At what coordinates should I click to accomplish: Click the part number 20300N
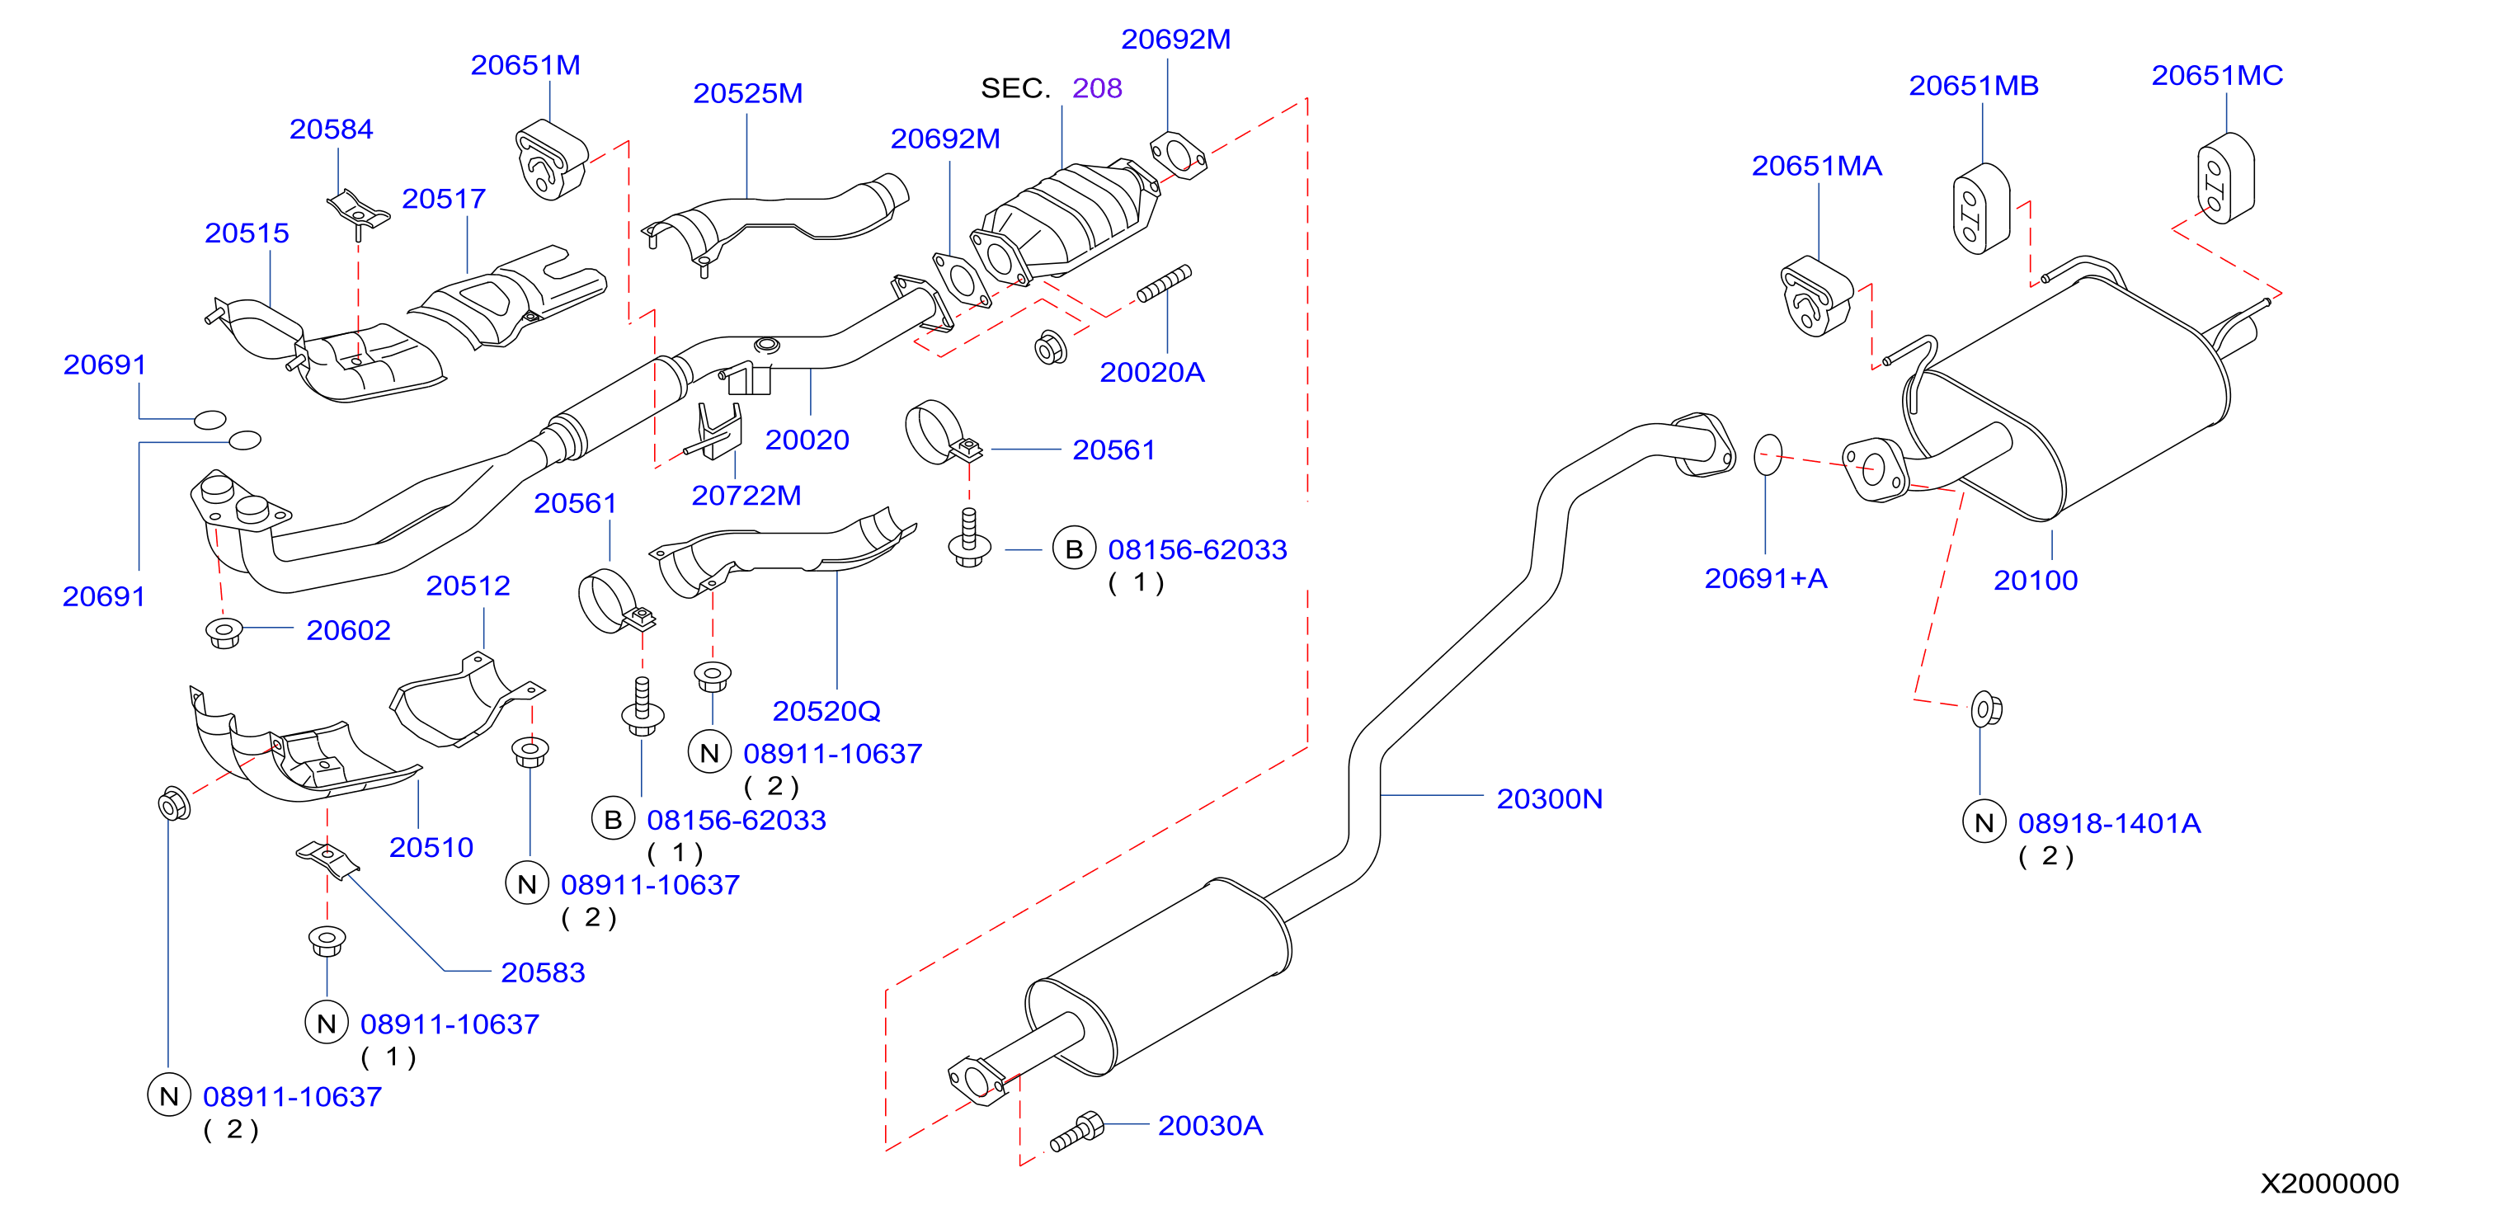[1550, 799]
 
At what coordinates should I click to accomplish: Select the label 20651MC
[2217, 76]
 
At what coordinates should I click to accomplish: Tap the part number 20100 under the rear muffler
[2035, 580]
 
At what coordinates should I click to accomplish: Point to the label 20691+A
[1766, 578]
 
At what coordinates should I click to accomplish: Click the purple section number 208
[1096, 88]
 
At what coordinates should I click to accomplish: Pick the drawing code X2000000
[2329, 1184]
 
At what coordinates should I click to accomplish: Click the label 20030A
[1210, 1125]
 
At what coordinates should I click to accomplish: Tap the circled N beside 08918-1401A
[1984, 823]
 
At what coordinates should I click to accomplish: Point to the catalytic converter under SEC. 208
[1066, 221]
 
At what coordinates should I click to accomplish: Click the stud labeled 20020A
[1165, 284]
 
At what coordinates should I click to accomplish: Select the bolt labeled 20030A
[1077, 1131]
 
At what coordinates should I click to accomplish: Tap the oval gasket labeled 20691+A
[1768, 455]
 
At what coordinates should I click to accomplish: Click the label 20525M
[748, 94]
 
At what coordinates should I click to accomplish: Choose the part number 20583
[543, 972]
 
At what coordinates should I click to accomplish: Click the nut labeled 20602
[224, 633]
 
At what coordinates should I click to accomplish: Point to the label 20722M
[746, 496]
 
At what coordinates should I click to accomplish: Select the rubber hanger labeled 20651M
[550, 160]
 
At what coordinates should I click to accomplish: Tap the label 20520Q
[826, 712]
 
